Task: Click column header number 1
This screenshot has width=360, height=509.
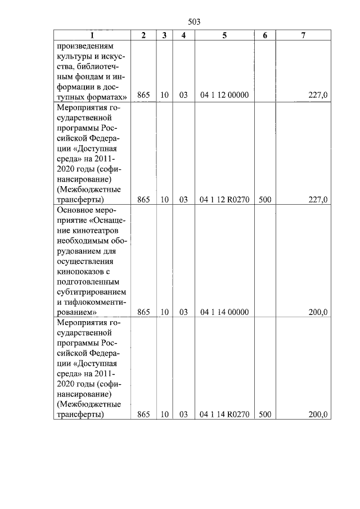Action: [x=92, y=35]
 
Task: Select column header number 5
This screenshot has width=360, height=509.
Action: [x=224, y=35]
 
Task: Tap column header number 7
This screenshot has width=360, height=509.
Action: [x=303, y=35]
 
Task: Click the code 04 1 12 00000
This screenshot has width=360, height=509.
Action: [x=224, y=96]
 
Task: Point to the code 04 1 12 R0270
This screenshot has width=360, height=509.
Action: [x=224, y=199]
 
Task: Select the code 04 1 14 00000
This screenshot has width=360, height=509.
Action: [x=224, y=312]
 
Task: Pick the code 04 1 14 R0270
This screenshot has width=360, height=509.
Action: [x=224, y=415]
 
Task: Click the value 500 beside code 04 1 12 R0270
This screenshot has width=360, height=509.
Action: [x=265, y=199]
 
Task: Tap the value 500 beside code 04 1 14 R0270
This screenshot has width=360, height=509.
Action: [x=265, y=415]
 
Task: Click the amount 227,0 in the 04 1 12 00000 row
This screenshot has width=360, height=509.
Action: [x=318, y=96]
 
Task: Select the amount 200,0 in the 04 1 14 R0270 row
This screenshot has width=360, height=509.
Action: [x=318, y=415]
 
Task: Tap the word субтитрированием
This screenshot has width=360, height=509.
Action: [x=92, y=292]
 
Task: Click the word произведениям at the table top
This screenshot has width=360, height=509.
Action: [x=83, y=46]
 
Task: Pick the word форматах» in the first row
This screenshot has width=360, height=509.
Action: [x=105, y=96]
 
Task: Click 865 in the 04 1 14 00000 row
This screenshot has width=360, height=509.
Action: [x=143, y=312]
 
